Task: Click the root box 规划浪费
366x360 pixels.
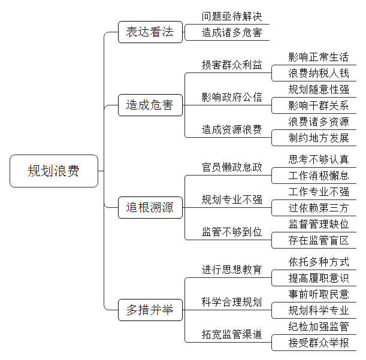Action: click(x=54, y=171)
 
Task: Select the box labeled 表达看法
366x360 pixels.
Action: click(x=150, y=32)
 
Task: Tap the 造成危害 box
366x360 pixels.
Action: click(x=150, y=105)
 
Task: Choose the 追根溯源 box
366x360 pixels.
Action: click(x=150, y=207)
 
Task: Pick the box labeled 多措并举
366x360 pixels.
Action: click(x=150, y=310)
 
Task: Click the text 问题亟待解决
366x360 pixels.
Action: click(x=232, y=16)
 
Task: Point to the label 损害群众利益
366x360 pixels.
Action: click(x=232, y=65)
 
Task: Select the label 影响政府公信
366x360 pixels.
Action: click(x=232, y=97)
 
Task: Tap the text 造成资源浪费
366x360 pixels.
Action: click(x=232, y=129)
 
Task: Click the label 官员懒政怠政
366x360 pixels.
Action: click(x=232, y=167)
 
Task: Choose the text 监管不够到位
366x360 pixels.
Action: click(x=232, y=232)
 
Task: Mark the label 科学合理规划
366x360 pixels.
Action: click(x=232, y=302)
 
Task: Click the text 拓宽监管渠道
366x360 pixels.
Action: click(x=232, y=334)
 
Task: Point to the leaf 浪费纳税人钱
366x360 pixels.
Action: click(x=319, y=73)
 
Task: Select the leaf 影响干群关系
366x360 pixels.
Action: click(x=319, y=105)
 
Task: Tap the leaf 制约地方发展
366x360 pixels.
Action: click(x=319, y=138)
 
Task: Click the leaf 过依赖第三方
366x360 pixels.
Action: click(x=319, y=208)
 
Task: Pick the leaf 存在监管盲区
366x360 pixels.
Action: click(x=319, y=240)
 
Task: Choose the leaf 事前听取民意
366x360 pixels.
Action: click(x=319, y=294)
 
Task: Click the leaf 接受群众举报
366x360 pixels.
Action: click(x=319, y=343)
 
